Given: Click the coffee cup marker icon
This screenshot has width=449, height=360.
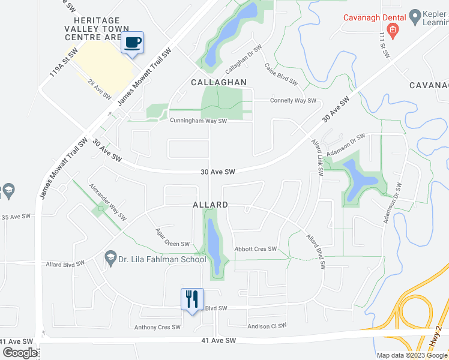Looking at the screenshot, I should (133, 43).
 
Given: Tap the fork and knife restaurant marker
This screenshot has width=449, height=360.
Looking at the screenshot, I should (192, 299).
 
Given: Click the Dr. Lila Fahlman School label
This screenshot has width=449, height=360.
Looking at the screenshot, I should (161, 259).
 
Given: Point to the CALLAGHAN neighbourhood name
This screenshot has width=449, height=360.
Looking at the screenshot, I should (219, 82).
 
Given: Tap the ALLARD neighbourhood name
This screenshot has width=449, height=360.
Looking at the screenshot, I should (210, 205).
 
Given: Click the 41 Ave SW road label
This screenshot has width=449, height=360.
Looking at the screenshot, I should (218, 340).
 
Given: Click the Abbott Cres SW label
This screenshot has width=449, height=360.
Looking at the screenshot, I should (256, 249).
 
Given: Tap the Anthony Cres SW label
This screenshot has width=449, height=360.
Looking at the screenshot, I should (157, 327).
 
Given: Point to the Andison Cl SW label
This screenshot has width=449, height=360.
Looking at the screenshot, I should (267, 326).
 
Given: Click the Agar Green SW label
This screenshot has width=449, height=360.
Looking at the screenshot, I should (172, 238).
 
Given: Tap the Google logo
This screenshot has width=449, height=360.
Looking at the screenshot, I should (20, 352).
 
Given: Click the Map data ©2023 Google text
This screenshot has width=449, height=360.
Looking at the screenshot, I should (412, 355).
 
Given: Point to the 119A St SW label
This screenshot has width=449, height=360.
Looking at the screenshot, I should (56, 64).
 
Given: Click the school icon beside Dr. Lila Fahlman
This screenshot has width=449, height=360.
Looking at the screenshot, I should (110, 259).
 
